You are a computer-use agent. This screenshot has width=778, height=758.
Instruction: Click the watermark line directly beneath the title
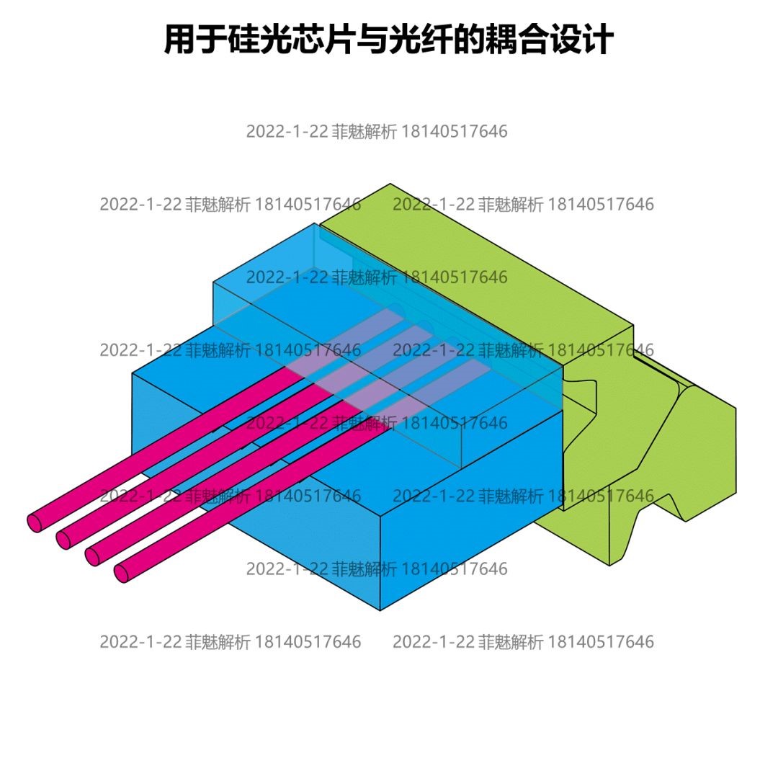coord(376,131)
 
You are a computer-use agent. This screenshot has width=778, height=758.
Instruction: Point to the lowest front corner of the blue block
coord(380,610)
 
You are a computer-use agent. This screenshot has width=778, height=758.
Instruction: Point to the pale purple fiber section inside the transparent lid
coord(403,360)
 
